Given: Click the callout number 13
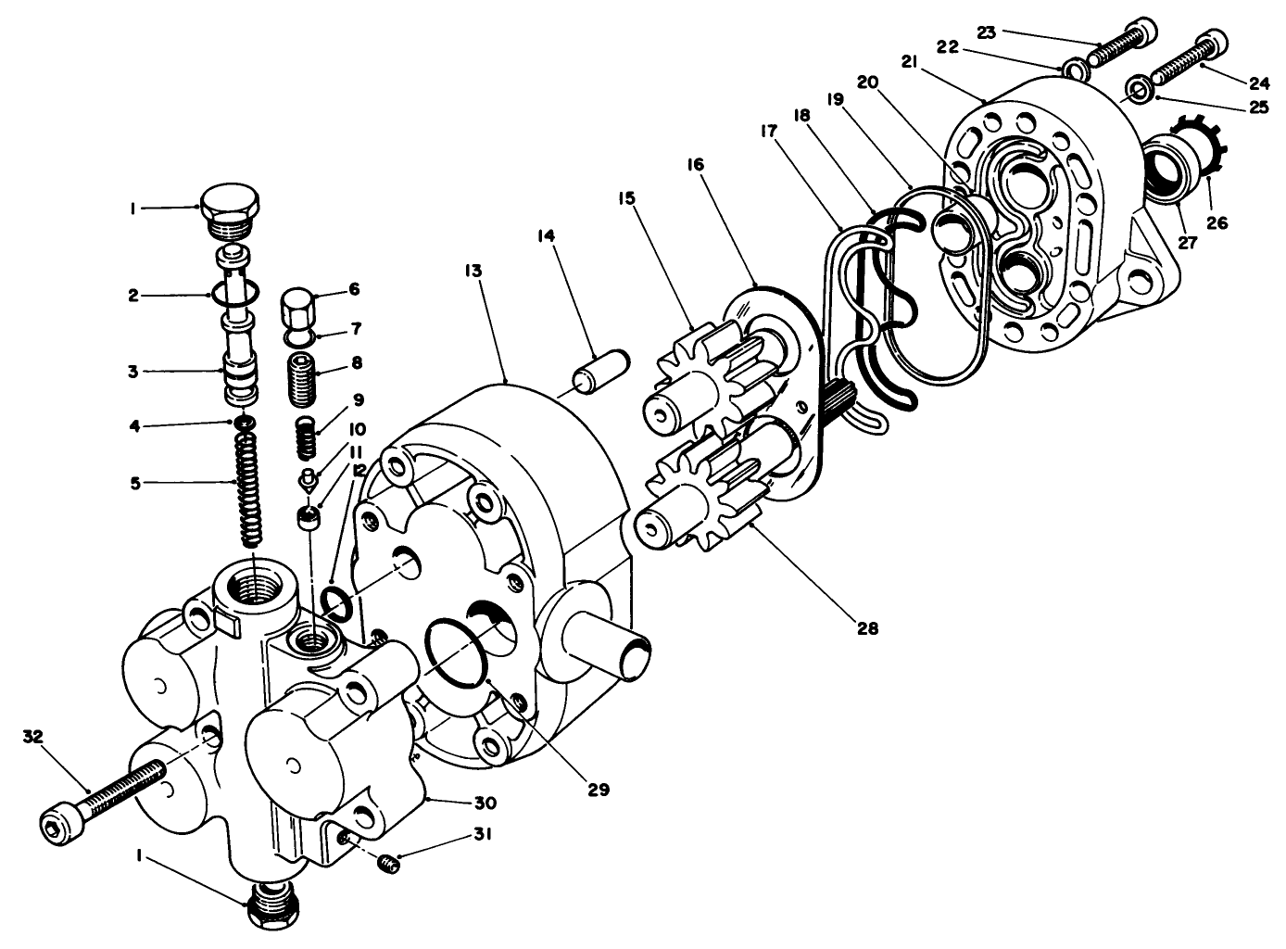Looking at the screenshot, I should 473,271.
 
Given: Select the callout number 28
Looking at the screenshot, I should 866,627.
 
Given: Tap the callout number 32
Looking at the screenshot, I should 33,736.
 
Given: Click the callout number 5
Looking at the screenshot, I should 136,483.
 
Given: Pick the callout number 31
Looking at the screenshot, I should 482,834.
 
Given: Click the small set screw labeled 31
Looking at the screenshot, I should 390,866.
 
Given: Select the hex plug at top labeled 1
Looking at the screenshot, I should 230,203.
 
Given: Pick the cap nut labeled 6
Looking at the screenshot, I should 299,306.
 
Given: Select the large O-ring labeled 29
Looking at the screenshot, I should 459,653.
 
